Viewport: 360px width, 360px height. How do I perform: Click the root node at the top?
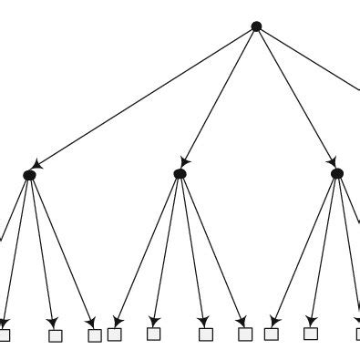coord(256,26)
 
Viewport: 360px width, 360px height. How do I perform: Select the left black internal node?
coord(29,174)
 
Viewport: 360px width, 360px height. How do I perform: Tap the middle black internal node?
coord(180,173)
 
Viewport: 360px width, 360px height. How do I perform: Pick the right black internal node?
coord(337,173)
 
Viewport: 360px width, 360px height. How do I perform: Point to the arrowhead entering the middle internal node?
coord(186,159)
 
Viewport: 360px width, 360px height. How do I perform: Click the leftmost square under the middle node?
coord(115,334)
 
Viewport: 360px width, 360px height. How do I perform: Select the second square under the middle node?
coord(153,334)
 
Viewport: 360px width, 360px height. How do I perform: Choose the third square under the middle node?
coord(205,334)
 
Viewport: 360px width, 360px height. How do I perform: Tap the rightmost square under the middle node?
coord(245,334)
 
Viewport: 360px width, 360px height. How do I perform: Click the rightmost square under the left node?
coord(95,335)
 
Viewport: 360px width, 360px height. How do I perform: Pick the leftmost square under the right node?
coord(271,334)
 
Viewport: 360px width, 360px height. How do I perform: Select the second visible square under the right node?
coord(311,334)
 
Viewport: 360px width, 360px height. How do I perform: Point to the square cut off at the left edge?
coord(4,335)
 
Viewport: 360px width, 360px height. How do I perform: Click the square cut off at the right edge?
coord(356,334)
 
